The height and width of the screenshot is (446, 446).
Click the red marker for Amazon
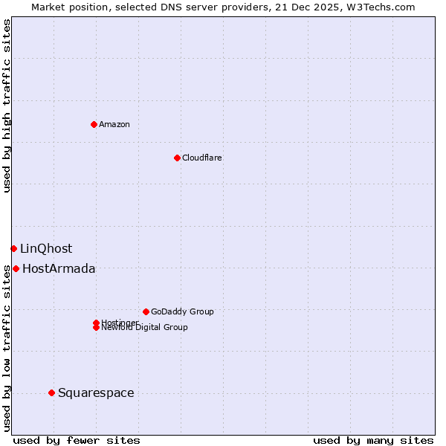pos(94,124)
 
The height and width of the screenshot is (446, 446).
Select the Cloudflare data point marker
pos(177,158)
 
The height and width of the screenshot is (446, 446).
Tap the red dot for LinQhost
pos(13,248)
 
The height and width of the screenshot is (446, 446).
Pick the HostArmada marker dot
pos(16,268)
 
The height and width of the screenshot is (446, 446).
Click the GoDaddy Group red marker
pos(146,311)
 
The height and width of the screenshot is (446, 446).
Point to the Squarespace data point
pos(51,392)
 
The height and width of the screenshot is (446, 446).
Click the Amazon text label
pos(114,124)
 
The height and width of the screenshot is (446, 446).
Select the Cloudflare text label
pos(201,158)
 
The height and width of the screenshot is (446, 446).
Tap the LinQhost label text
pos(46,248)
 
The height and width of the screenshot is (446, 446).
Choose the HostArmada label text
pos(59,268)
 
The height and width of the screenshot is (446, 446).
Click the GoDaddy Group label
pos(182,311)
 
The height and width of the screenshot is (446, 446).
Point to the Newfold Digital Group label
pos(144,328)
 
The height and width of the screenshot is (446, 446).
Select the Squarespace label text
pos(96,392)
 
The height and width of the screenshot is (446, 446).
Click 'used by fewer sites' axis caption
pos(77,440)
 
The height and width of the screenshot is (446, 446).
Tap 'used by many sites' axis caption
pos(373,440)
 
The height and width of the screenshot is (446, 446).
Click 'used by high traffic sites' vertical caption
pos(7,106)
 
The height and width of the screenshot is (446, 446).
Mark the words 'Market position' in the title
pos(65,7)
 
